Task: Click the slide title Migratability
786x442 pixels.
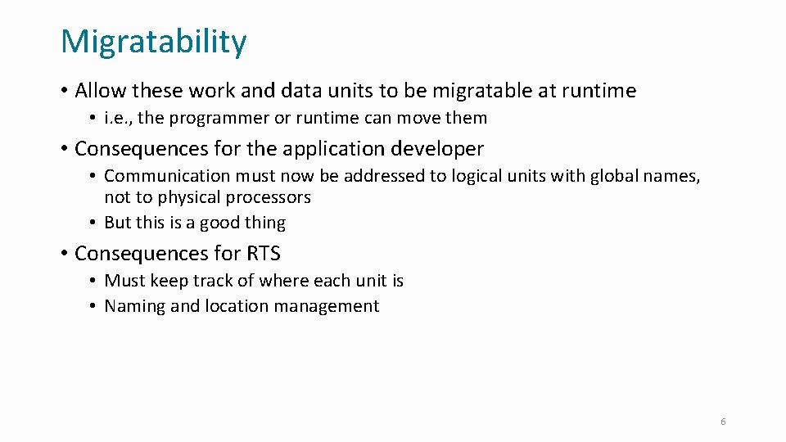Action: (x=153, y=42)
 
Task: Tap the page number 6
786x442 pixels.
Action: (x=723, y=422)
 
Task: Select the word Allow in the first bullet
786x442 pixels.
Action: (x=101, y=90)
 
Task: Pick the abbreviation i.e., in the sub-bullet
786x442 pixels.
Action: (x=119, y=118)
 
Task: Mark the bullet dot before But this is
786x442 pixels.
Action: (x=94, y=223)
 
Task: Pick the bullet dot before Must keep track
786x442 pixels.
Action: (x=94, y=281)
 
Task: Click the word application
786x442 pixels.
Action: (x=333, y=149)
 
